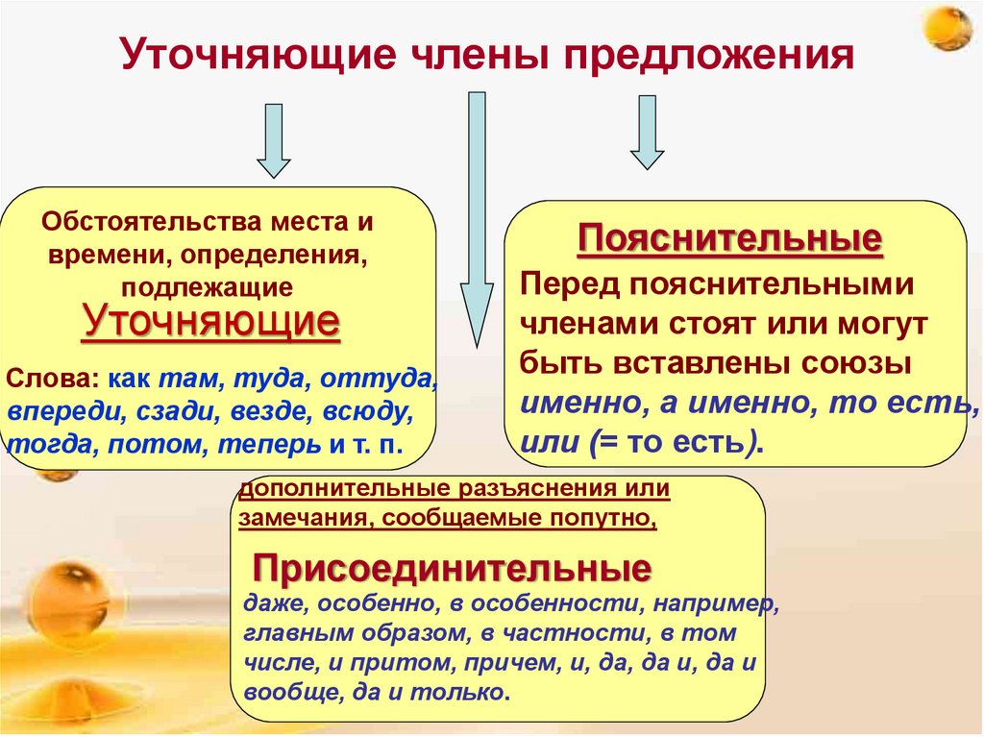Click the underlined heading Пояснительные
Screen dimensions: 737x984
click(729, 238)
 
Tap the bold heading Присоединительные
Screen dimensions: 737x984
click(452, 569)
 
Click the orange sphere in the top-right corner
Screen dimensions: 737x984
click(951, 29)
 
